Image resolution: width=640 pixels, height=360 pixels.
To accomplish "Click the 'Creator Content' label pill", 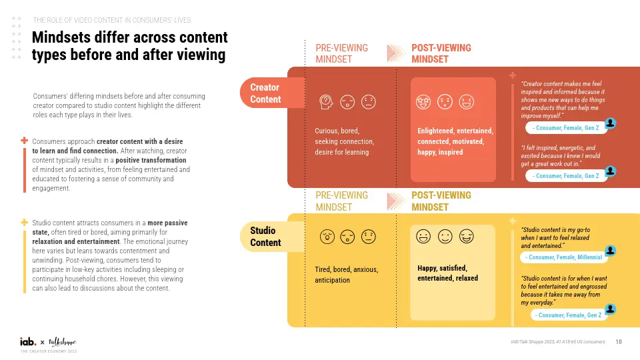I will [x=265, y=93].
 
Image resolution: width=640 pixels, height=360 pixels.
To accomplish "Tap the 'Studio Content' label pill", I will [x=266, y=237].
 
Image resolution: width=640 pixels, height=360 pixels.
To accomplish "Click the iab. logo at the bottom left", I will [x=28, y=341].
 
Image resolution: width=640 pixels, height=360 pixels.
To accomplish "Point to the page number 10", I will [x=619, y=342].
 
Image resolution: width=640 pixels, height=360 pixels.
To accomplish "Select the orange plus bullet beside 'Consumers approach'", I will [x=25, y=141].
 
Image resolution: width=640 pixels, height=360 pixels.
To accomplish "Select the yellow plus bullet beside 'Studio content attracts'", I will [x=25, y=222].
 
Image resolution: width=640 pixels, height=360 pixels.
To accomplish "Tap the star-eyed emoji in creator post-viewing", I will [x=421, y=102].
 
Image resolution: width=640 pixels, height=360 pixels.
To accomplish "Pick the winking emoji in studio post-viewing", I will [x=467, y=236].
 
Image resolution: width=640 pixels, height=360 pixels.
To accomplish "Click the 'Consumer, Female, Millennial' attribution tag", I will [x=564, y=257].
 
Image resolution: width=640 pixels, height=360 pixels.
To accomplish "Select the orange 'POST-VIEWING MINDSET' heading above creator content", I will [x=441, y=53].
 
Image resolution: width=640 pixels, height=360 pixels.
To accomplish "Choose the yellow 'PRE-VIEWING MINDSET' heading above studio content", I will [x=341, y=201].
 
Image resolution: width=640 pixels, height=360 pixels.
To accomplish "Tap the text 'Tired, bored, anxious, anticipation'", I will [x=346, y=275].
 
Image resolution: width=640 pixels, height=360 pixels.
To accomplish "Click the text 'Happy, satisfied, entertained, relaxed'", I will [x=447, y=273].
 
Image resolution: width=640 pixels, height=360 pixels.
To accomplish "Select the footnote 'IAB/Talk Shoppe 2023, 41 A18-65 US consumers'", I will [x=557, y=342].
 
